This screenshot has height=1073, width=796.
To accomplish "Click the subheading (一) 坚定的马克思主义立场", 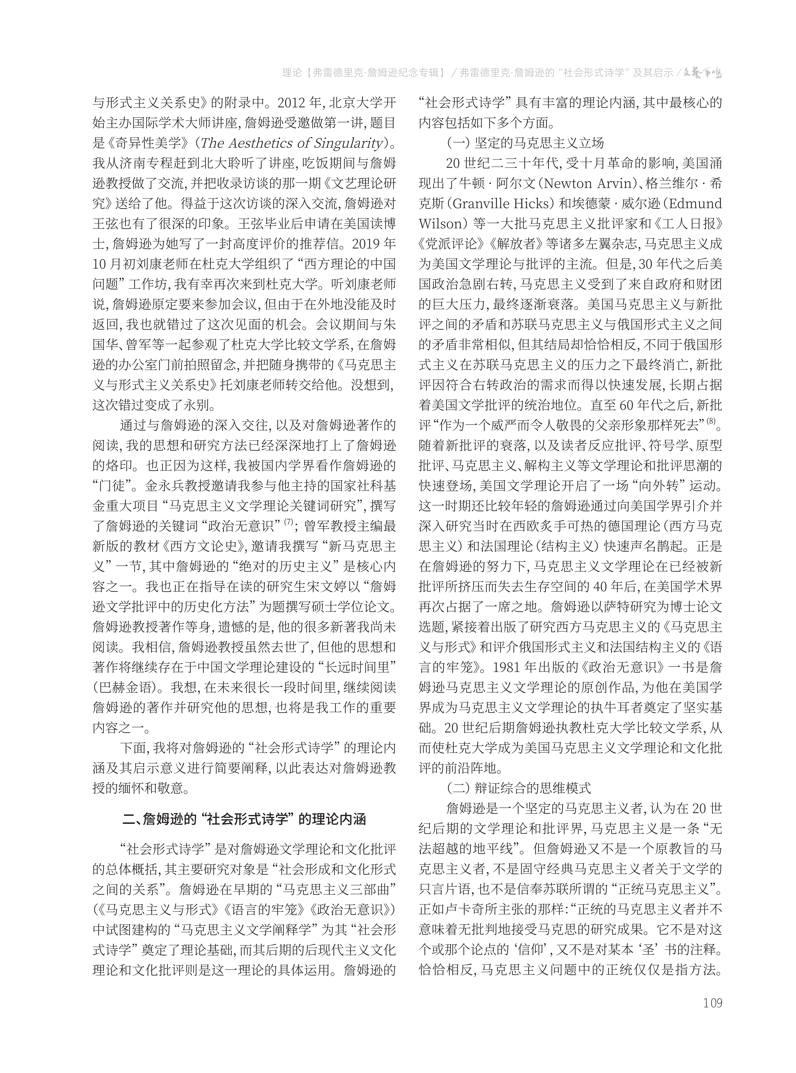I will coord(525,143).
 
